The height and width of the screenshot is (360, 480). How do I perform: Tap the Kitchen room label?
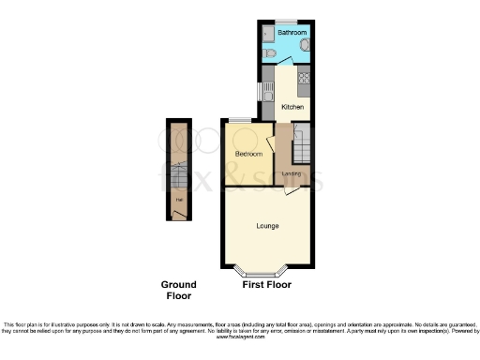click(292, 108)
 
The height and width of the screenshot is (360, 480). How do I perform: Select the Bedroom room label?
click(247, 153)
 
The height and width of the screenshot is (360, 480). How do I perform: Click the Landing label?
click(292, 173)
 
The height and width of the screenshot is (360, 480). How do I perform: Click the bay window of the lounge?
click(263, 271)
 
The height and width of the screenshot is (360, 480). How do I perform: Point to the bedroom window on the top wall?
click(240, 120)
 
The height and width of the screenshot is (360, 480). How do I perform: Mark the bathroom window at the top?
click(286, 21)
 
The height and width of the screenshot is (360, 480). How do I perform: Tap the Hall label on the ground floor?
click(177, 199)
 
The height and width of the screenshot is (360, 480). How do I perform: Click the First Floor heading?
click(266, 284)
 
